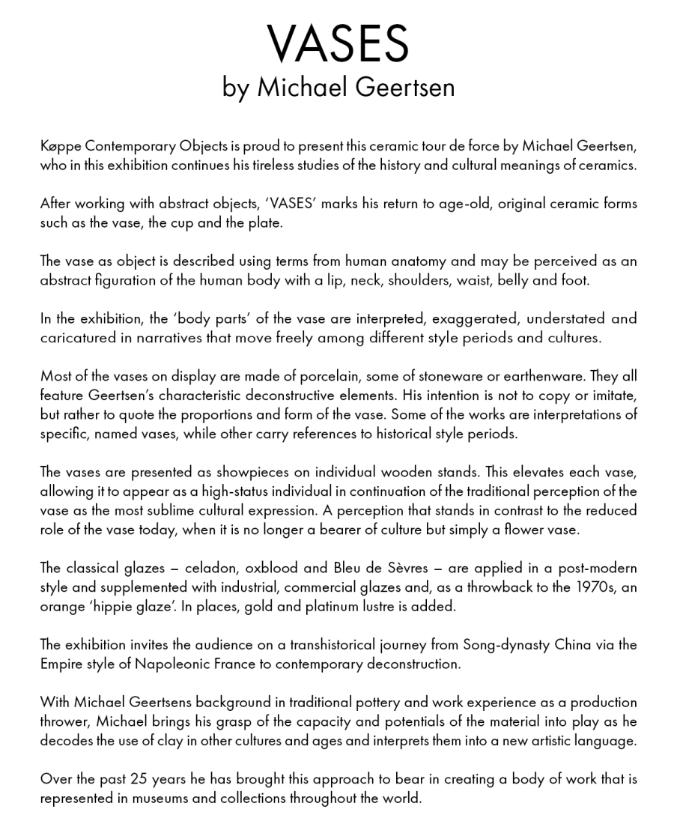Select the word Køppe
[58, 145]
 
